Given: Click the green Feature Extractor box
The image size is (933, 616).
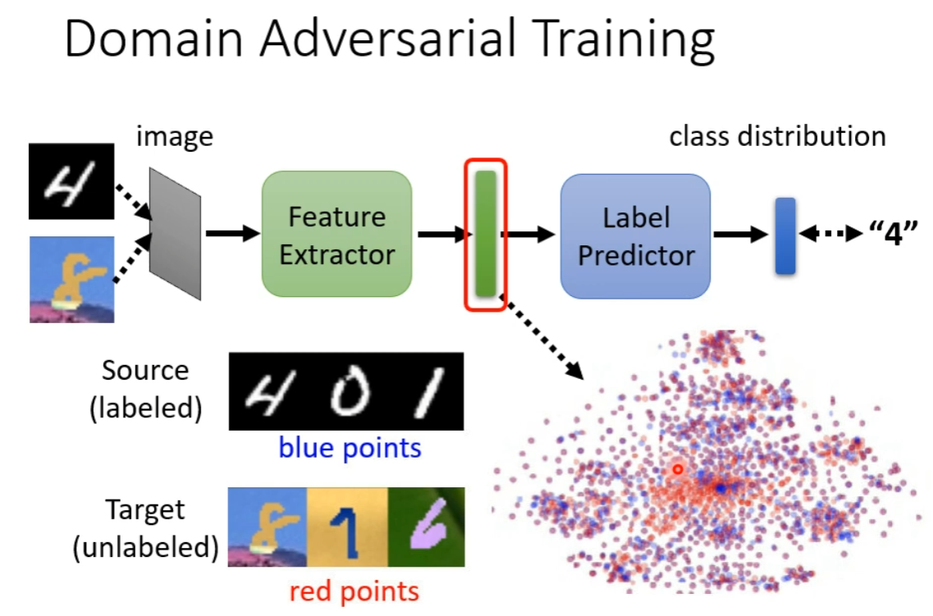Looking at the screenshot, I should [x=336, y=235].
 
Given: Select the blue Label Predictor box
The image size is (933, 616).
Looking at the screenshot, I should [x=636, y=235].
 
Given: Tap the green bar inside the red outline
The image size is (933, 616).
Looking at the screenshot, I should [x=486, y=234].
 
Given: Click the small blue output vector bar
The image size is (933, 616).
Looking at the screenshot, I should [x=785, y=235].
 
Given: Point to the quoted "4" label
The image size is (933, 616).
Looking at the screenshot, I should [x=893, y=235].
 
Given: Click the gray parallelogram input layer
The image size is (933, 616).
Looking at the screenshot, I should [x=175, y=234].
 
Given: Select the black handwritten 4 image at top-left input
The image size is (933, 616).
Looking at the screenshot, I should [x=71, y=181].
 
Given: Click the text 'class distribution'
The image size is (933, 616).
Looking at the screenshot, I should [x=777, y=135].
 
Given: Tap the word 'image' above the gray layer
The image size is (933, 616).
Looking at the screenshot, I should [x=174, y=136].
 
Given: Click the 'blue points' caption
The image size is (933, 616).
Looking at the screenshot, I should [x=350, y=448].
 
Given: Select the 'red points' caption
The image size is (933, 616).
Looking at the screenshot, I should [x=354, y=591].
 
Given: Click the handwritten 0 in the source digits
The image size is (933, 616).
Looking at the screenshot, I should [x=345, y=391].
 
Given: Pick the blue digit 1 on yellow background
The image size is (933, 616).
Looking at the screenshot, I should [x=346, y=527].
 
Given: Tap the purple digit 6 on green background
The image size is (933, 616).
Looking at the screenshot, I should [x=426, y=527].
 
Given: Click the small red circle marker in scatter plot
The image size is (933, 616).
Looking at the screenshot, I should [x=678, y=469].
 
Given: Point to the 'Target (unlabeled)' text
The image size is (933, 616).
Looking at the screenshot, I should [x=145, y=529].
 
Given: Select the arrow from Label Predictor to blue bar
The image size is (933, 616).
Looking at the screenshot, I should [x=742, y=235].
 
